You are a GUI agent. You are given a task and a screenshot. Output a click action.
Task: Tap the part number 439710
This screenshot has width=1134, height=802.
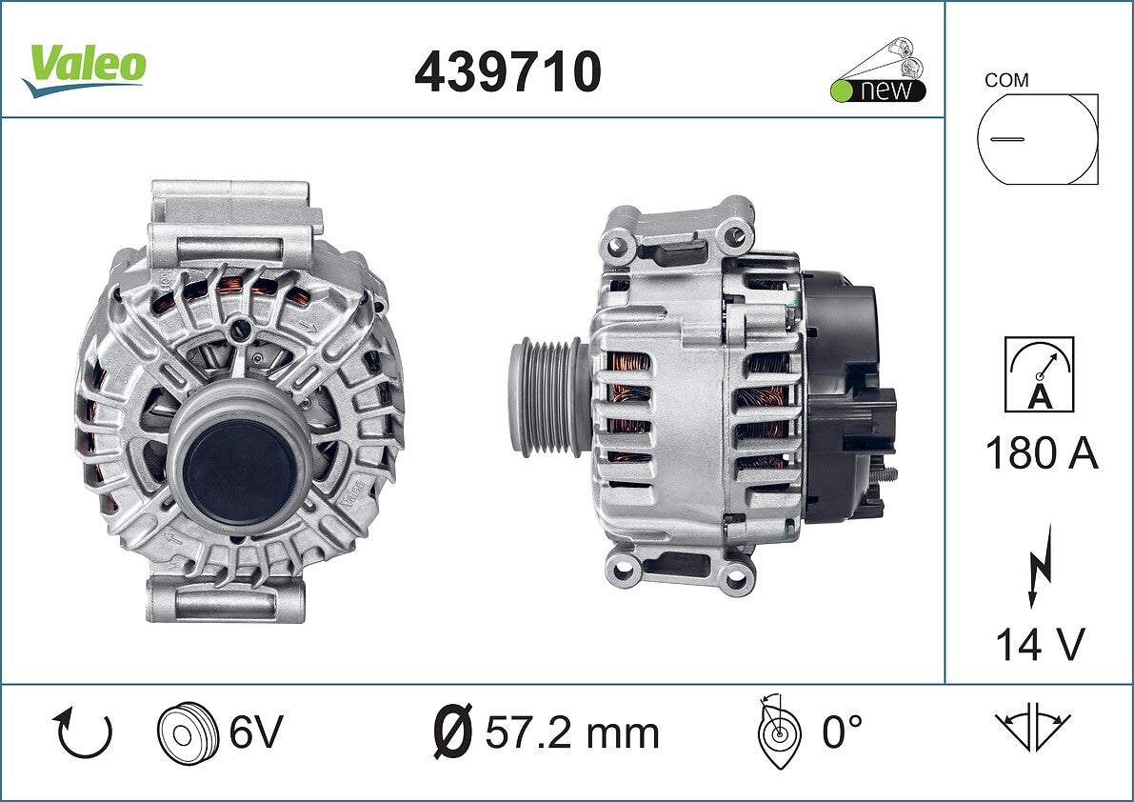pyautogui.click(x=507, y=71)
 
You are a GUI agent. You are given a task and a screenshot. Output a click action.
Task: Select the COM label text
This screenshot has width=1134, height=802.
pyautogui.click(x=1006, y=80)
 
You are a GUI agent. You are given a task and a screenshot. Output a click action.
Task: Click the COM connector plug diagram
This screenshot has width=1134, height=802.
pyautogui.click(x=1037, y=139)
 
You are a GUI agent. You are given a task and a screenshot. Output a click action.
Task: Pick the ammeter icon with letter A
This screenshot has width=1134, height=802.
pyautogui.click(x=1039, y=374)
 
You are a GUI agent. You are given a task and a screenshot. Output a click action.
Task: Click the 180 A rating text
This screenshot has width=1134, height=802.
pyautogui.click(x=1042, y=453)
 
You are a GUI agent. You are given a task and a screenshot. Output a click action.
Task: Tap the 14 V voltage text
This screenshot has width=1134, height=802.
pyautogui.click(x=1040, y=644)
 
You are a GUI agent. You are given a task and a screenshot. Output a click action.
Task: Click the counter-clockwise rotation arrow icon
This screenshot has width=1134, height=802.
pyautogui.click(x=83, y=733)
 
